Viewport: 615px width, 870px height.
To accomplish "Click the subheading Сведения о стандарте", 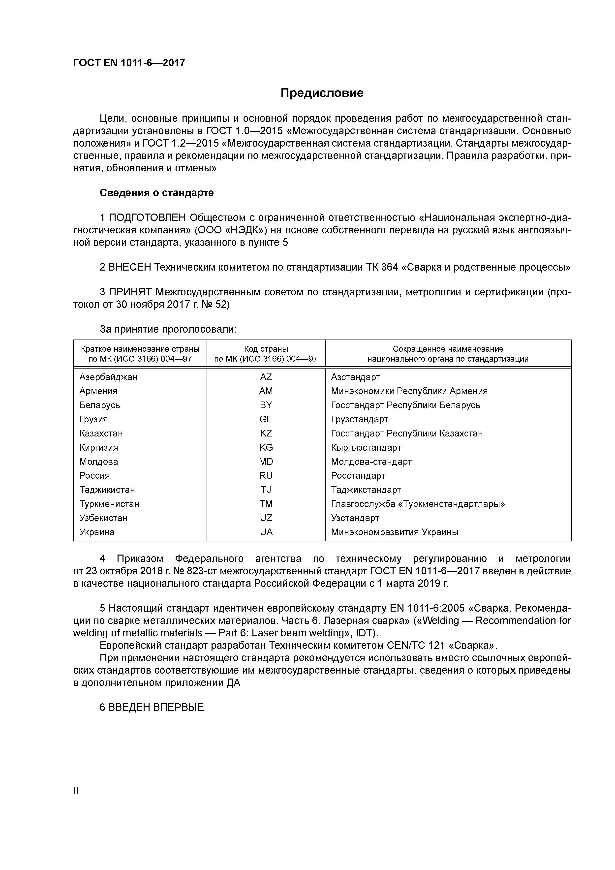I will click(x=156, y=193).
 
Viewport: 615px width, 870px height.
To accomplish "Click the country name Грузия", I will click(x=93, y=419).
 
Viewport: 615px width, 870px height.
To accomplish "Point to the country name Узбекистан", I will click(x=103, y=518).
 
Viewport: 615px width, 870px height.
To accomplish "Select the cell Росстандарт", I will click(x=358, y=475).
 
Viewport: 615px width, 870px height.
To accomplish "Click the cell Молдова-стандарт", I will click(x=371, y=462).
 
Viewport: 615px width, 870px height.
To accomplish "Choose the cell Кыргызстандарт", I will click(x=366, y=447).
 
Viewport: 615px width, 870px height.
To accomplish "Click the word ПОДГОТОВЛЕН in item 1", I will click(x=147, y=218).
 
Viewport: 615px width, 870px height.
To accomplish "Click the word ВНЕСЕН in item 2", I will click(x=129, y=268).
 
